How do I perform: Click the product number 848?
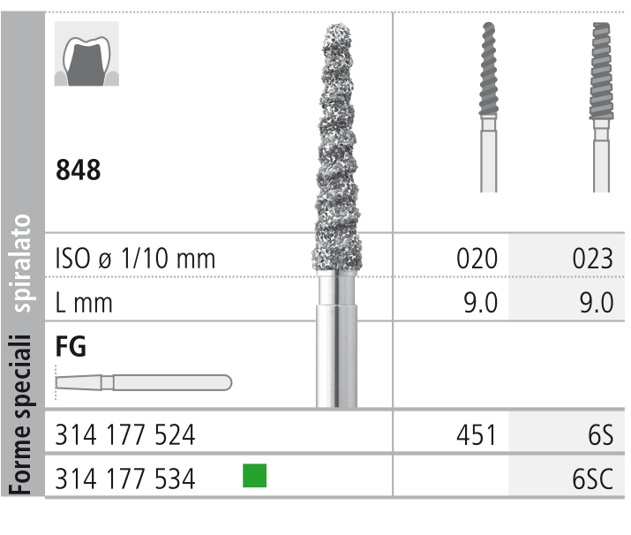[x=78, y=170]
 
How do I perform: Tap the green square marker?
[x=254, y=476]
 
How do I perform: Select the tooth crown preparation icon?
[x=86, y=54]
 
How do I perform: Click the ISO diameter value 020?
[x=477, y=259]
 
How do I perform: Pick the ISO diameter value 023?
[x=593, y=259]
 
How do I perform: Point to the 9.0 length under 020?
[x=480, y=302]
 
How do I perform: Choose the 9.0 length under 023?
[x=597, y=302]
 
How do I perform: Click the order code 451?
[x=476, y=434]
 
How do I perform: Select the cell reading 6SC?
[x=593, y=478]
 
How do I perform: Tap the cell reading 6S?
[x=600, y=434]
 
